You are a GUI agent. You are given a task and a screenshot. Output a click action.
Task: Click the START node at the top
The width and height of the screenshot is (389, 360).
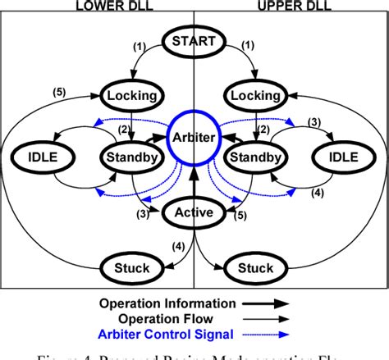(x=194, y=41)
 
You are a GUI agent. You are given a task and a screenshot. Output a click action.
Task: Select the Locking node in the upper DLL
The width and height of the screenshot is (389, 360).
(x=254, y=96)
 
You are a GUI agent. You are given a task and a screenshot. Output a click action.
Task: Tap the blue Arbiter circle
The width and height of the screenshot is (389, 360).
(x=194, y=138)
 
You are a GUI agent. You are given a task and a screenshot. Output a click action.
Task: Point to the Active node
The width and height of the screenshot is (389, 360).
(x=194, y=213)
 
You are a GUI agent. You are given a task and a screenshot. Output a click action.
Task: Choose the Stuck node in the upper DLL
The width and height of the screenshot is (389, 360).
(x=254, y=267)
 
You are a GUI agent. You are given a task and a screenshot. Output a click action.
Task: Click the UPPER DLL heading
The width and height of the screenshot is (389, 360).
(x=285, y=6)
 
